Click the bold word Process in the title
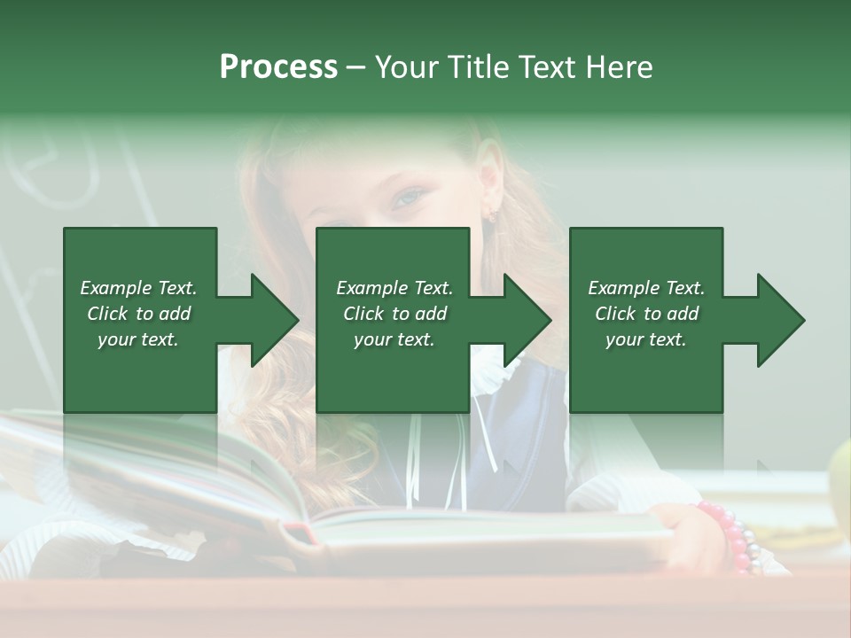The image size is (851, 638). click(278, 66)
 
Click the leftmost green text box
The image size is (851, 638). click(139, 320)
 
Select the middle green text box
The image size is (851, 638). click(393, 320)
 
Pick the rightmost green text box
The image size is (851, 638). click(645, 320)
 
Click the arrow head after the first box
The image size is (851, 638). click(270, 320)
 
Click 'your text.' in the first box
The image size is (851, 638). click(138, 339)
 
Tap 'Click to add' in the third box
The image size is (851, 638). click(646, 314)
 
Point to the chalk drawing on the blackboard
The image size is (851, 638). click(62, 168)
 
